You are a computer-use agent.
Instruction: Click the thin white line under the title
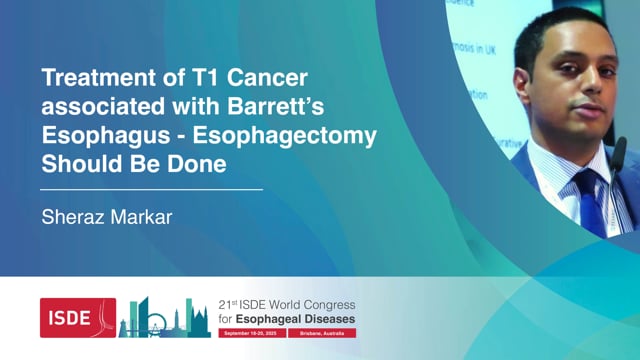[151, 188]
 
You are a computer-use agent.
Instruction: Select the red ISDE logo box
[78, 317]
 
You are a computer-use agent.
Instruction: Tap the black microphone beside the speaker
[620, 155]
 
